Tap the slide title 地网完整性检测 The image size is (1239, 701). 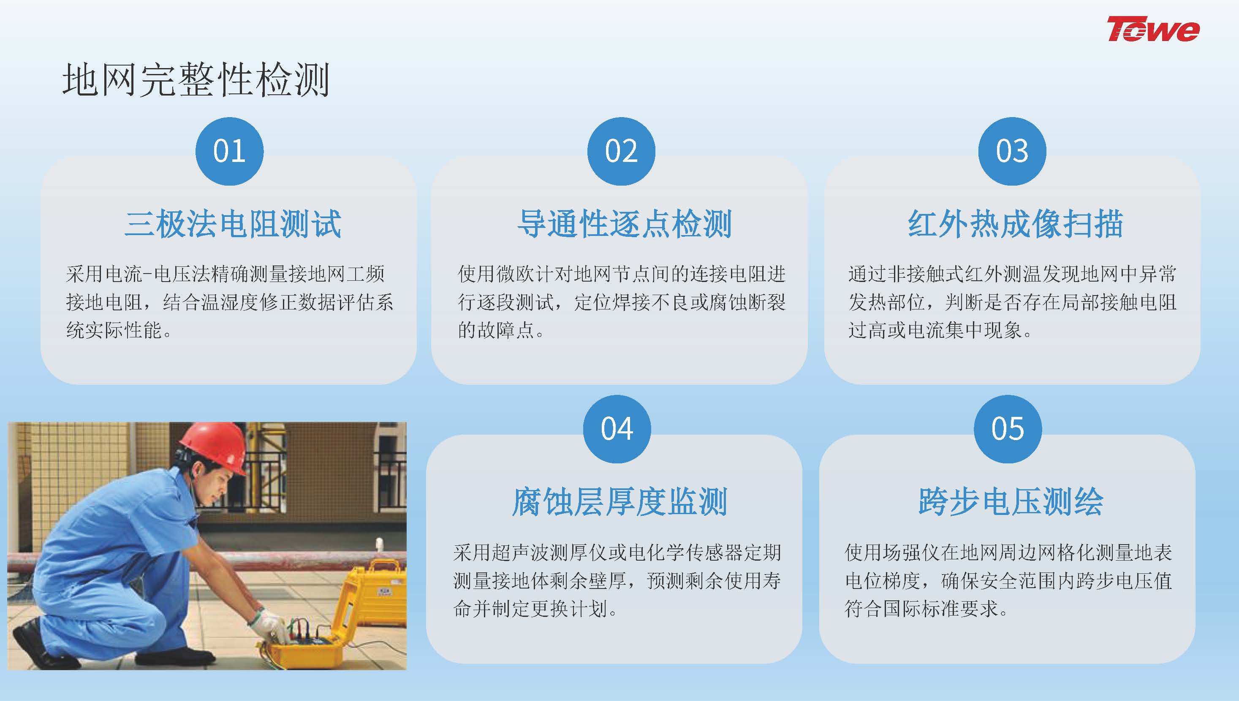[196, 80]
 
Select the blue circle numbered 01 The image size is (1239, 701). [229, 151]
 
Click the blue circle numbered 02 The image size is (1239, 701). [621, 151]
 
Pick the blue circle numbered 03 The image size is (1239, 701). [1012, 151]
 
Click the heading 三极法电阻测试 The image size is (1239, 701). [233, 224]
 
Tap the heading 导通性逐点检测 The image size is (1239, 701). [624, 224]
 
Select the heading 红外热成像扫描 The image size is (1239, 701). [1015, 224]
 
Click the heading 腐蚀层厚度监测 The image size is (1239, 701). [619, 502]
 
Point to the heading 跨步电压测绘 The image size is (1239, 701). [1011, 502]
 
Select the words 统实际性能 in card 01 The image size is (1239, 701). [114, 330]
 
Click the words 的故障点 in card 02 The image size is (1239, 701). [495, 330]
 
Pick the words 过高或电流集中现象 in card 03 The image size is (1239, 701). [935, 330]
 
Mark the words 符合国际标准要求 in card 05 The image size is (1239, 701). [921, 608]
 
